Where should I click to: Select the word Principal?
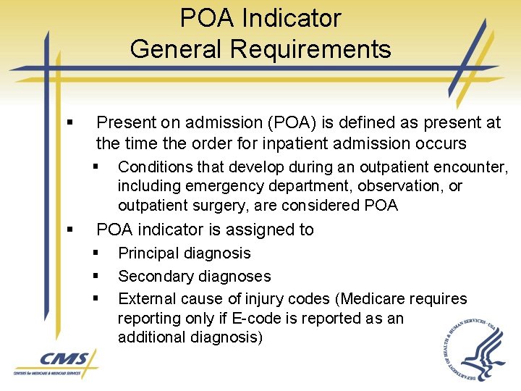[x=149, y=253]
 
